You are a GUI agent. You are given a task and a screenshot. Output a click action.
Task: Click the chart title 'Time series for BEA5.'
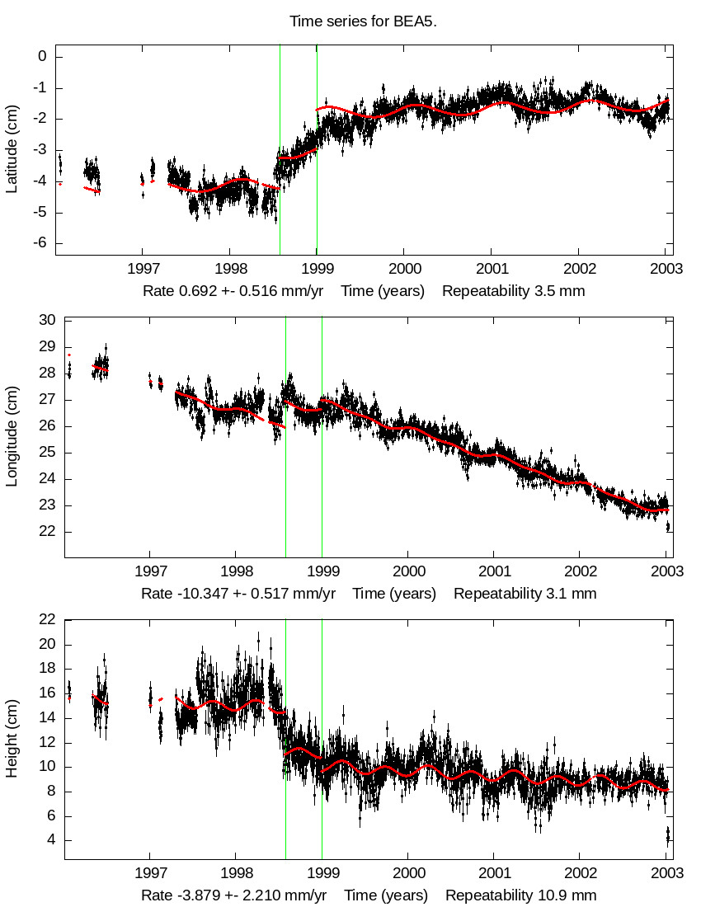pyautogui.click(x=363, y=21)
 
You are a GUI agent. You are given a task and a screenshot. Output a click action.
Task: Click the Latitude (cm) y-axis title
pyautogui.click(x=12, y=149)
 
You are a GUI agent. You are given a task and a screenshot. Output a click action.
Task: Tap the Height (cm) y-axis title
pyautogui.click(x=12, y=738)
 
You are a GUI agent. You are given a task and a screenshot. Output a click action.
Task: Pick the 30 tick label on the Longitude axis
pyautogui.click(x=47, y=320)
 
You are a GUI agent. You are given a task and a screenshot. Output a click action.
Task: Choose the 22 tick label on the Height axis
pyautogui.click(x=47, y=619)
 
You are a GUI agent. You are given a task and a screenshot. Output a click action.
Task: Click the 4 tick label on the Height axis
pyautogui.click(x=51, y=840)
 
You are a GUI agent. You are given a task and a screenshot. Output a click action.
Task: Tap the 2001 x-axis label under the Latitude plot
pyautogui.click(x=492, y=269)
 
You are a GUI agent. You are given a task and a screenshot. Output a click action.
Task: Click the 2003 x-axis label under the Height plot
pyautogui.click(x=666, y=873)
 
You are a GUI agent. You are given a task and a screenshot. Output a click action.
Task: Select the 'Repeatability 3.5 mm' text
pyautogui.click(x=513, y=291)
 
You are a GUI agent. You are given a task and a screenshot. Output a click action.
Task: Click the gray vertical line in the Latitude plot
pyautogui.click(x=280, y=148)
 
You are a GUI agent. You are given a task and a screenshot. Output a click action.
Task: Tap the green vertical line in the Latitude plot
pyautogui.click(x=317, y=148)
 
